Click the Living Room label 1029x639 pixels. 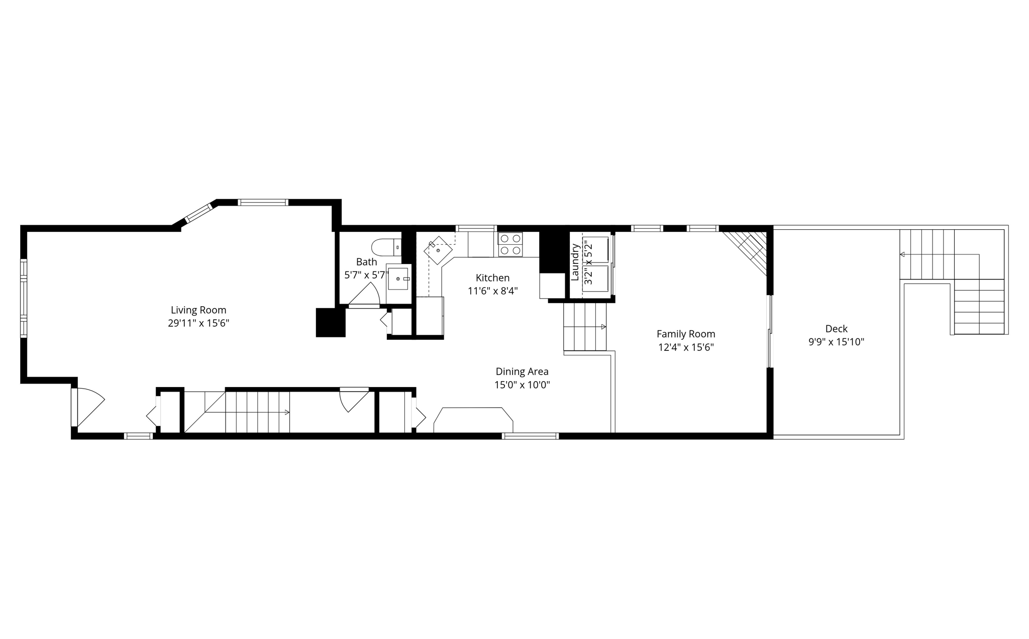point(198,310)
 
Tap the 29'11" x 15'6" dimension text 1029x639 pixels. point(198,323)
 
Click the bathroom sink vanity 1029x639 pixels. point(398,278)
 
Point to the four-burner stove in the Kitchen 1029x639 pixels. point(510,244)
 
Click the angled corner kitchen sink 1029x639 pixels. point(438,250)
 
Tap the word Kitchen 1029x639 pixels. point(492,278)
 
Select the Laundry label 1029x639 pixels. point(575,262)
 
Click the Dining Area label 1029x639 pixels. point(522,372)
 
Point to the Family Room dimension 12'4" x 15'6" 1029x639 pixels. point(686,347)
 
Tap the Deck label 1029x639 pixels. point(836,329)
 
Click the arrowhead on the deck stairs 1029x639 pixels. point(902,254)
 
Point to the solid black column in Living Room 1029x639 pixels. point(330,322)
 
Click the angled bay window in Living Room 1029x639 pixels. point(199,213)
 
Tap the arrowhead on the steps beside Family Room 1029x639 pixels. point(603,327)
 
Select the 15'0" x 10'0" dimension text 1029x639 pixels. point(522,385)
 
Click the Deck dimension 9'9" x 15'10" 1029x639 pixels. point(836,342)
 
